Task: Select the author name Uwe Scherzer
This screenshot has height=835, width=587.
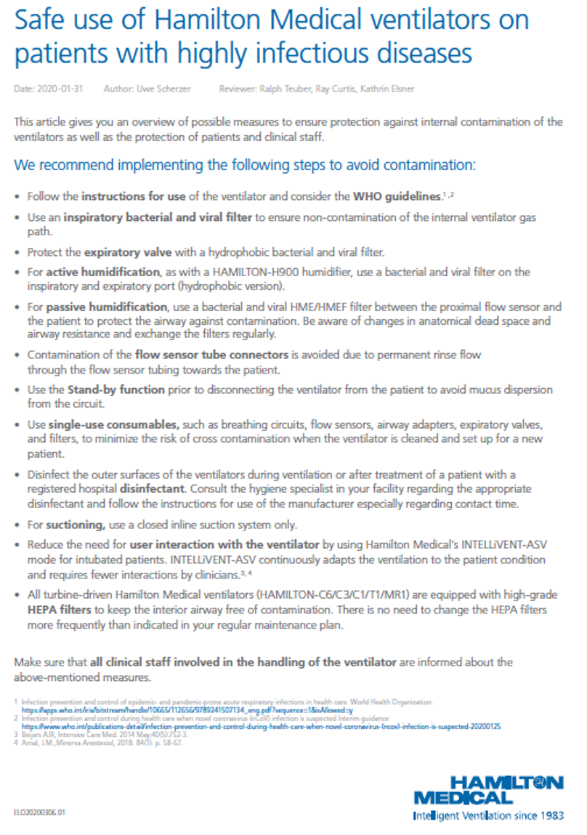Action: point(169,89)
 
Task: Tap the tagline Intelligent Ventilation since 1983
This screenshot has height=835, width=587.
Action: point(487,816)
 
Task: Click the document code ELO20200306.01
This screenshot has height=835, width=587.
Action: point(39,813)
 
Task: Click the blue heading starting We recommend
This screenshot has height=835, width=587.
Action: point(244,165)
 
